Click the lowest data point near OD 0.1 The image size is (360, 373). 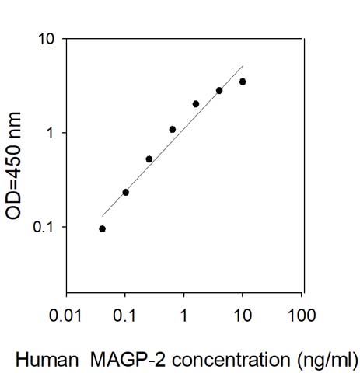point(102,228)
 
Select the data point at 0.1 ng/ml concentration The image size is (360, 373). point(125,192)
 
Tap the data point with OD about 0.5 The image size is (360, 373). point(149,159)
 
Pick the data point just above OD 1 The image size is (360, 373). point(172,129)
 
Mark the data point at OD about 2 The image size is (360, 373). point(196,103)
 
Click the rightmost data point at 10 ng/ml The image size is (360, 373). point(243,82)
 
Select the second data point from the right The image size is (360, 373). point(219,90)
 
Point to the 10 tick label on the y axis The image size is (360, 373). point(47,39)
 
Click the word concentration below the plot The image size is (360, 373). point(225,360)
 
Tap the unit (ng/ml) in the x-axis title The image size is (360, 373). point(319,360)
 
